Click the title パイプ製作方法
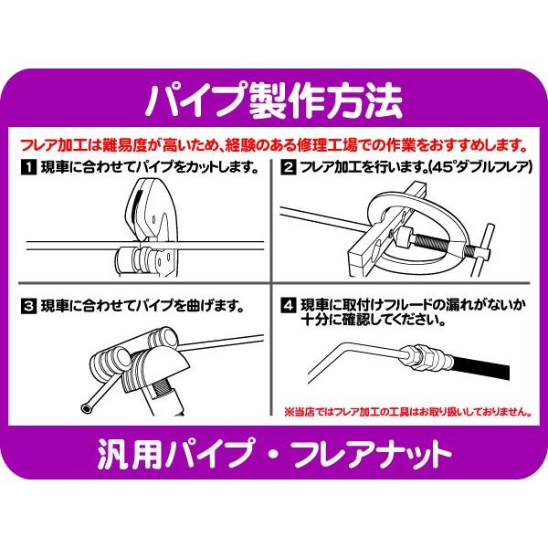coord(274,99)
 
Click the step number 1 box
coord(28,168)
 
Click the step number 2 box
coord(287,168)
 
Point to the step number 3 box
coord(28,305)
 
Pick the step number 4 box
coord(287,305)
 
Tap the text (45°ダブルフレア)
coord(470,168)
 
